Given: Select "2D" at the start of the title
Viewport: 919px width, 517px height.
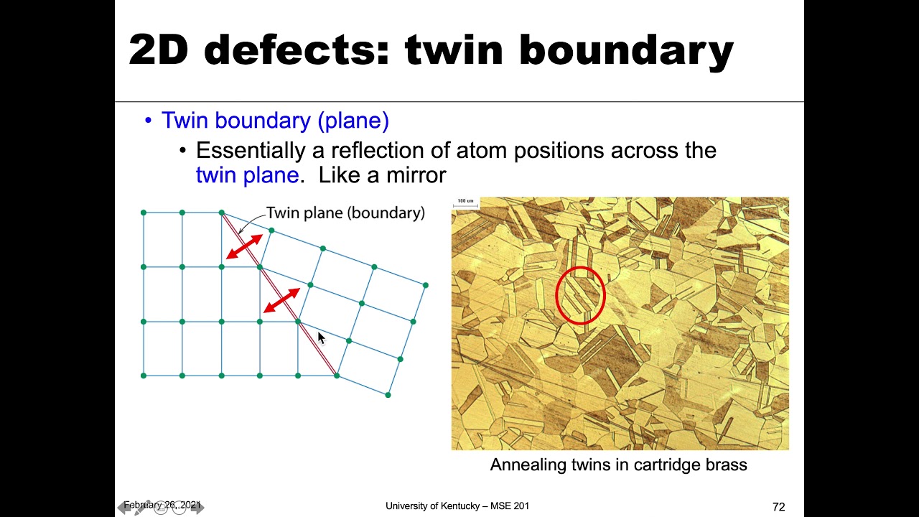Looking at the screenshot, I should click(x=159, y=50).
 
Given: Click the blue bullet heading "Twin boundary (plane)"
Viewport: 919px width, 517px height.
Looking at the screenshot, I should click(x=275, y=121).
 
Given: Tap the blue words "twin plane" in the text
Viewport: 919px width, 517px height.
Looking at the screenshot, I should click(x=247, y=175).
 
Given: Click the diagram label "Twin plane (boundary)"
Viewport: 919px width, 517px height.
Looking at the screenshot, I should click(x=345, y=213).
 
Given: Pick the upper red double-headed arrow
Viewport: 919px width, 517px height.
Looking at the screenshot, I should click(x=244, y=246).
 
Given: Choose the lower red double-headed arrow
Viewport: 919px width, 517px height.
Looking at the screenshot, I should click(x=281, y=300).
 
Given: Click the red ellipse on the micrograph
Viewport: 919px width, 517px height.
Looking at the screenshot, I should click(x=581, y=295).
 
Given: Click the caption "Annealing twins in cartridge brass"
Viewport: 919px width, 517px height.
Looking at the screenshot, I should click(x=618, y=465).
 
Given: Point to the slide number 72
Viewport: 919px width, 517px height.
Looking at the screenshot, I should click(x=778, y=507).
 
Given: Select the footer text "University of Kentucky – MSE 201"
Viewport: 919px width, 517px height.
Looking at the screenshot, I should click(x=457, y=506).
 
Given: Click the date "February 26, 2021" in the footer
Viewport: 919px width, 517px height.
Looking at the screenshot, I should click(x=162, y=506).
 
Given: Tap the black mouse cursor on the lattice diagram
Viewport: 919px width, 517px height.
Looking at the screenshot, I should click(x=321, y=338).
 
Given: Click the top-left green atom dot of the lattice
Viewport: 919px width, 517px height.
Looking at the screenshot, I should click(x=144, y=213).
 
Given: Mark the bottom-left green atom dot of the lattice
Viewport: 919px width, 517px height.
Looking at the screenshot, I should click(x=144, y=376).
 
